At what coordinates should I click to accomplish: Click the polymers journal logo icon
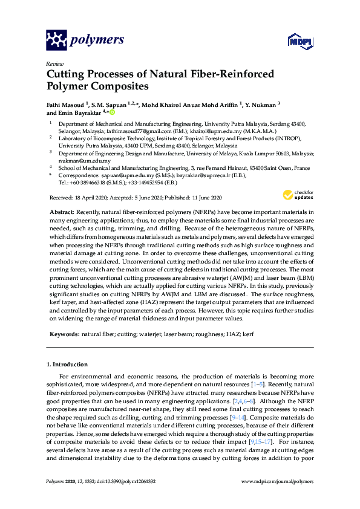(56, 41)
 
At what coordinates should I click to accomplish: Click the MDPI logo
(300, 41)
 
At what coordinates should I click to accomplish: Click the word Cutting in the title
(65, 74)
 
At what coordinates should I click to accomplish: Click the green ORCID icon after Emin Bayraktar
(112, 112)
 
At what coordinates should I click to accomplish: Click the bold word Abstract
(61, 212)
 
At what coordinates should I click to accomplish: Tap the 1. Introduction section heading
(67, 365)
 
